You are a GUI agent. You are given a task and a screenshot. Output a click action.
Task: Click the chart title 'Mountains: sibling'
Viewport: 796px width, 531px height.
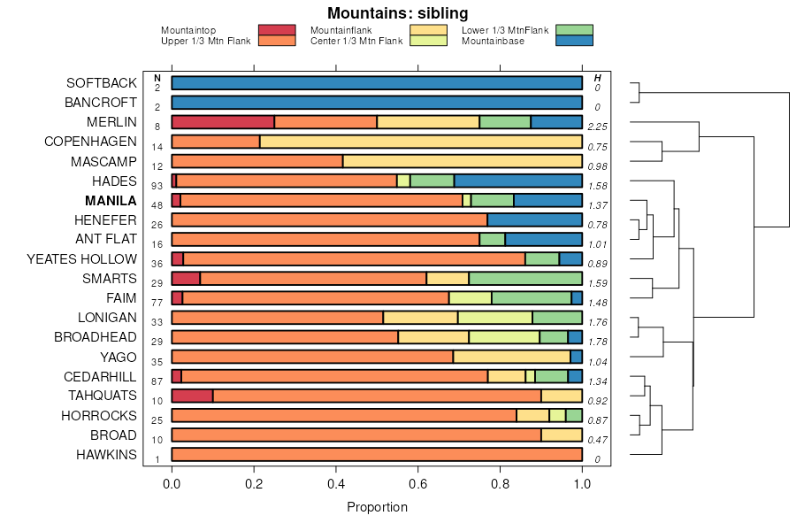[397, 13]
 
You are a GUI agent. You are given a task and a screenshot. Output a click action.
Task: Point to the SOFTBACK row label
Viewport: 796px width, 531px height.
[102, 83]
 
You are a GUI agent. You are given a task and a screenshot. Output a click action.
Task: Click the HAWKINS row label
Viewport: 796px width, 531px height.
[106, 455]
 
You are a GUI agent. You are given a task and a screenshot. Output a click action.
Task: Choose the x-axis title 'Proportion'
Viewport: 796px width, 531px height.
[377, 508]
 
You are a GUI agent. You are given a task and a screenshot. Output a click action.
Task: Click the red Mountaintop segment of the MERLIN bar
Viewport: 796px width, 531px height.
[223, 122]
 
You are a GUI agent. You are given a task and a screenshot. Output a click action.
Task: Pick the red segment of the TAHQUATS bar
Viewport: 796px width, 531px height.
[192, 396]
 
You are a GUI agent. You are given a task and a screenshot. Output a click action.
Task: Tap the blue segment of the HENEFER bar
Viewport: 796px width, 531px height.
[534, 219]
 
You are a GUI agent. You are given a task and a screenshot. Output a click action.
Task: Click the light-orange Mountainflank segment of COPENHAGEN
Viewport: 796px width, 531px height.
[421, 142]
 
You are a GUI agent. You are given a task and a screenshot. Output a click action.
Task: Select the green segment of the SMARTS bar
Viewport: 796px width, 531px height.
[525, 278]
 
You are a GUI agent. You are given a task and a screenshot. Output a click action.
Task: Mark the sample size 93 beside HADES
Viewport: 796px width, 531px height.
[157, 186]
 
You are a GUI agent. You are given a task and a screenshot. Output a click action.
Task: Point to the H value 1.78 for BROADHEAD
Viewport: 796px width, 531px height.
[598, 342]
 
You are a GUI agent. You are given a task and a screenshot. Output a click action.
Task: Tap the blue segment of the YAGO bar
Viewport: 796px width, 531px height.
[576, 357]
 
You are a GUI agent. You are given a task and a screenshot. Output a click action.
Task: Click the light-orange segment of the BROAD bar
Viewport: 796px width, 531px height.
[562, 435]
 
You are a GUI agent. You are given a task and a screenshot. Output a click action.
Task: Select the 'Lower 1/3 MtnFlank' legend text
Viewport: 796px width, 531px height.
[505, 30]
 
